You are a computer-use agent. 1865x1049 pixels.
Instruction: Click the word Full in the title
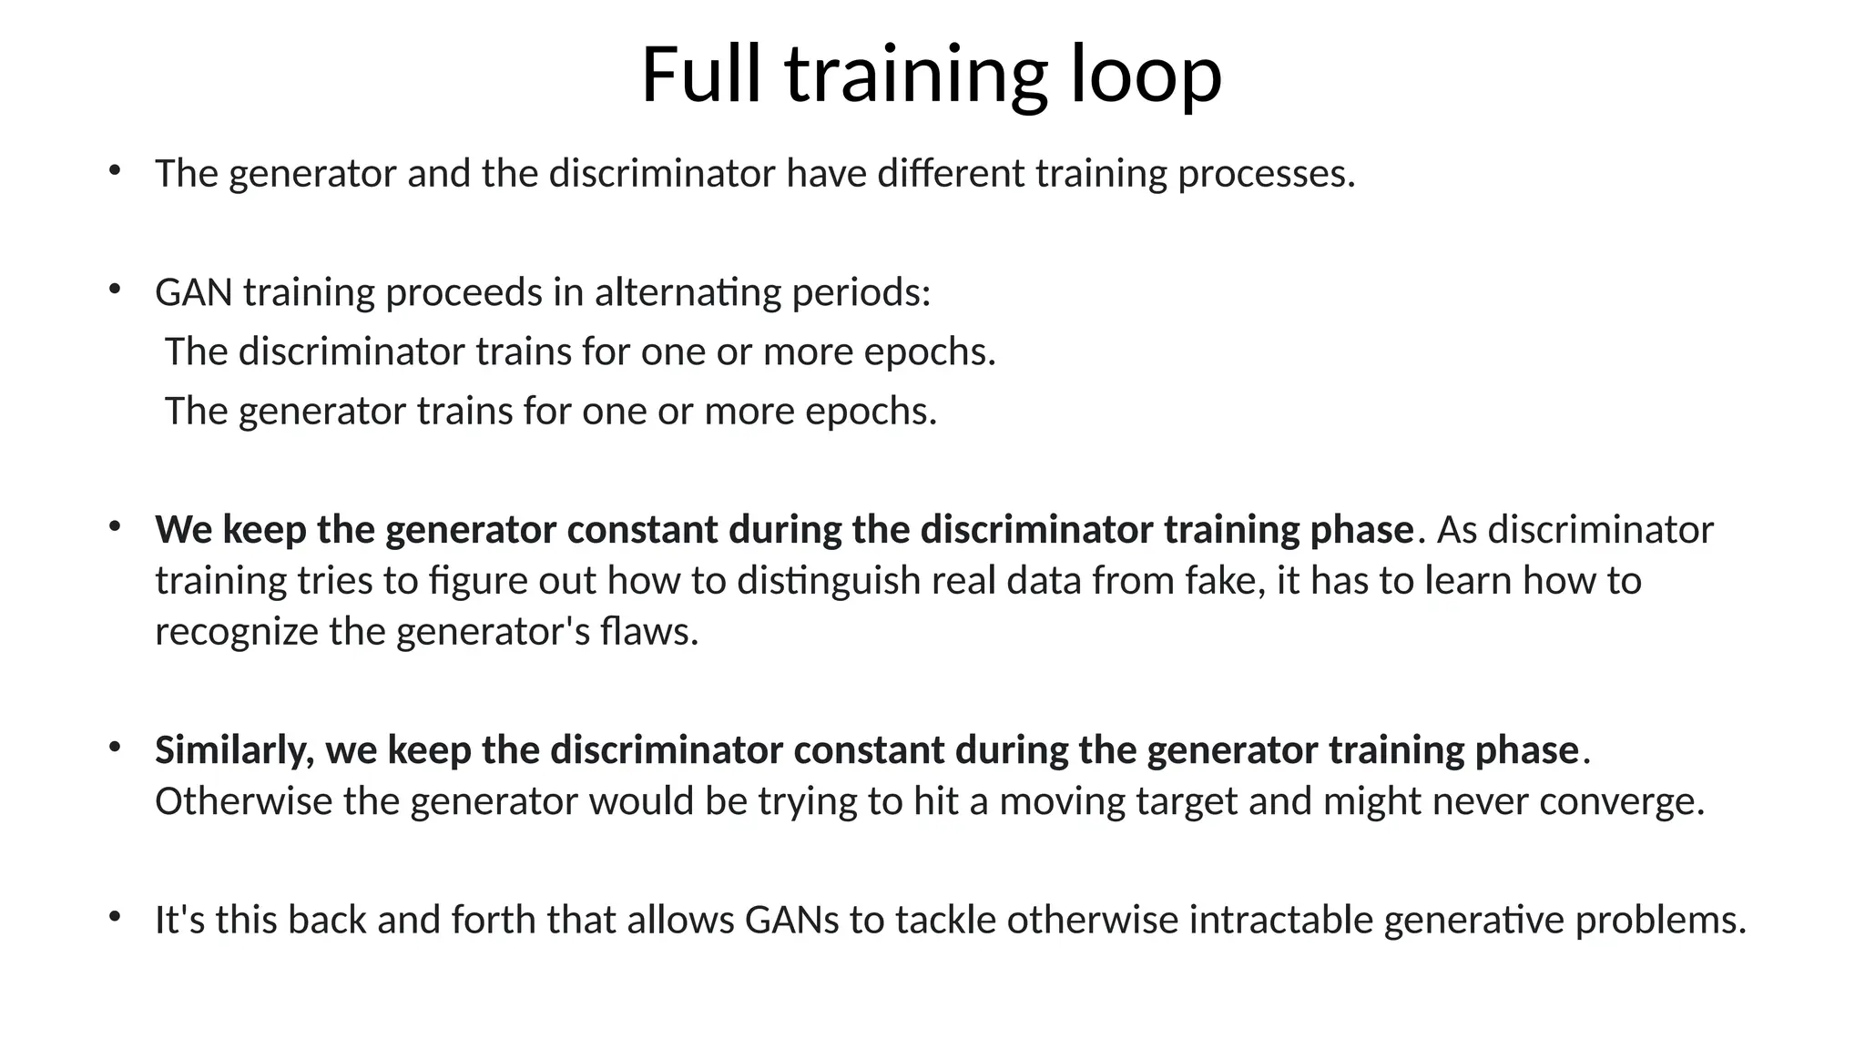click(700, 75)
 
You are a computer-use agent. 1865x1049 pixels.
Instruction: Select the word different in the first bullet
click(951, 174)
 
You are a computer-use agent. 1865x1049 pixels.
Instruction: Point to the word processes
click(1267, 174)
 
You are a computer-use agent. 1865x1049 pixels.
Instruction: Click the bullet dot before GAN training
click(115, 290)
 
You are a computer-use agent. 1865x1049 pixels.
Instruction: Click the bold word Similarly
click(234, 751)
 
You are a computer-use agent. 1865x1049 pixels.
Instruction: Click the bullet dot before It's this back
click(115, 917)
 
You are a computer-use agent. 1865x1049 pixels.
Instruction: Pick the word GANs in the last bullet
click(792, 921)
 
